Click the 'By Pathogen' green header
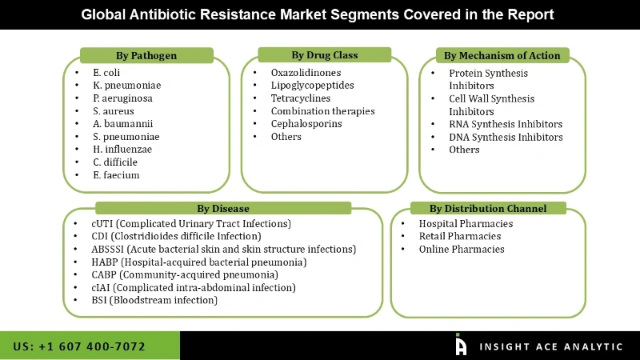point(146,55)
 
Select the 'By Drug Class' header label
point(324,55)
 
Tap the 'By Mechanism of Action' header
point(502,55)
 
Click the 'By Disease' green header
point(222,208)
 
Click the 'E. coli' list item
point(107,73)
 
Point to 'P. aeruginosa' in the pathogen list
point(122,98)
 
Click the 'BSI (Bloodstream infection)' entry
point(154,300)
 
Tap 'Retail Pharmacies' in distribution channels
point(460,236)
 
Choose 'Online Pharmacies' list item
point(462,249)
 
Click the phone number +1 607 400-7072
point(79,346)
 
